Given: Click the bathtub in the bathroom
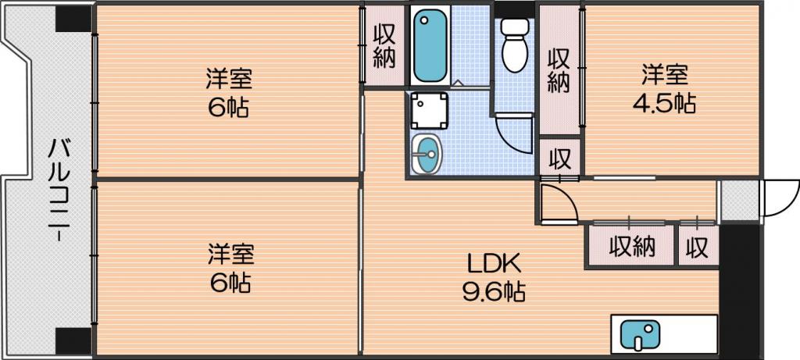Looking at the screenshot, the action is pyautogui.click(x=430, y=46).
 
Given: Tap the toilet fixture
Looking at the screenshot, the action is pyautogui.click(x=515, y=45).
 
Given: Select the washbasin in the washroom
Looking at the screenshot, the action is pyautogui.click(x=427, y=154).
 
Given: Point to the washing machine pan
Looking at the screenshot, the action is pyautogui.click(x=430, y=111).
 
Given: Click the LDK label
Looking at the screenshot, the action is pyautogui.click(x=495, y=266).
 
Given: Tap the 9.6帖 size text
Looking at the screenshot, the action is pyautogui.click(x=495, y=292).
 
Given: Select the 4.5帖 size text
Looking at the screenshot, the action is pyautogui.click(x=664, y=104).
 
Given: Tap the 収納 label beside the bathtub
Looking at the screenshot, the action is pyautogui.click(x=384, y=46).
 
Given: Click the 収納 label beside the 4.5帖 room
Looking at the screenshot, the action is pyautogui.click(x=559, y=71).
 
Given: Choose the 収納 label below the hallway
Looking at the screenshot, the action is pyautogui.click(x=632, y=248).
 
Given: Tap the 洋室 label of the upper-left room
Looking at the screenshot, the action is pyautogui.click(x=229, y=81).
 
